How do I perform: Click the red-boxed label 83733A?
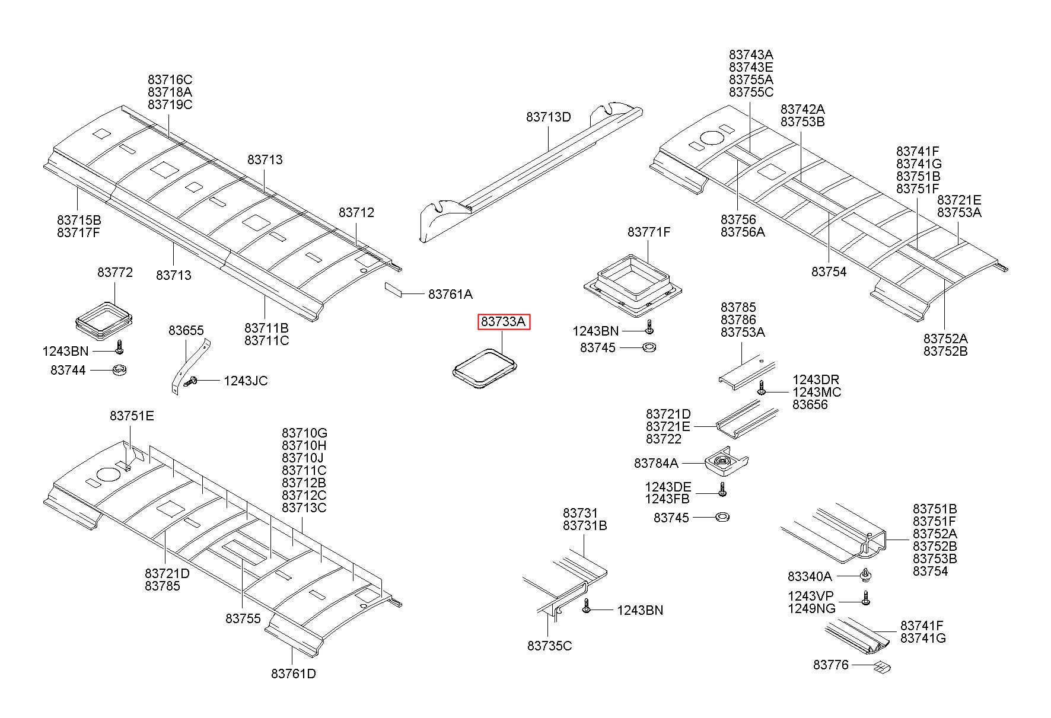point(504,322)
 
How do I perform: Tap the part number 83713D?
point(548,117)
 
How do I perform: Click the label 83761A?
point(450,294)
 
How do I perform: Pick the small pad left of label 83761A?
point(393,289)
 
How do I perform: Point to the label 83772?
point(115,273)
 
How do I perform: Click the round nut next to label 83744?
point(120,371)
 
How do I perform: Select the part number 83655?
point(186,330)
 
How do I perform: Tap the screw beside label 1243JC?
point(191,382)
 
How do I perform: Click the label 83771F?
point(649,232)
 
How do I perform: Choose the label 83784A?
point(656,463)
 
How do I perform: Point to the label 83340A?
point(810,576)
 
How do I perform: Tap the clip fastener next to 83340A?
point(865,575)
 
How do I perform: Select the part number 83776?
point(830,665)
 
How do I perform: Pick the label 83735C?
point(549,646)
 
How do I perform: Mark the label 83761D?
point(294,674)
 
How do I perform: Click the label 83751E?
point(132,416)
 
